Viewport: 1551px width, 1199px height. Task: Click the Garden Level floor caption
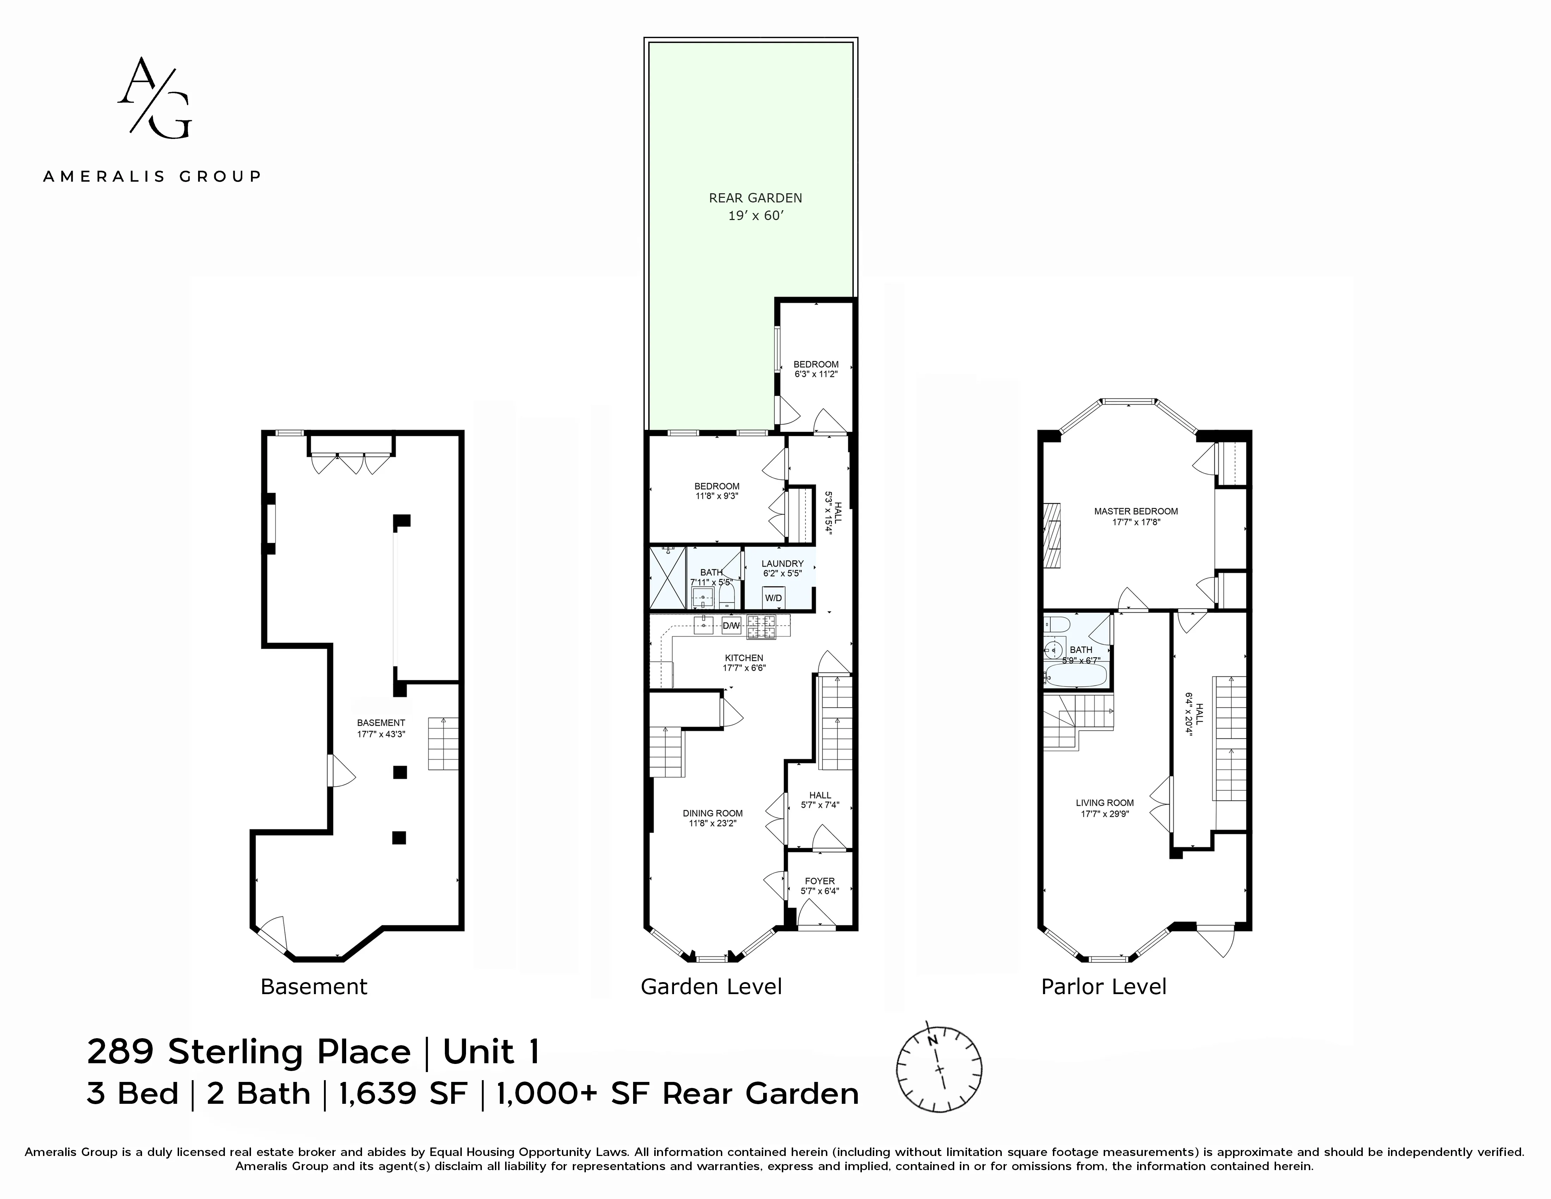(x=711, y=987)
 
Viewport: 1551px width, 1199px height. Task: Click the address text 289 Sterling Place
(x=249, y=1052)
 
